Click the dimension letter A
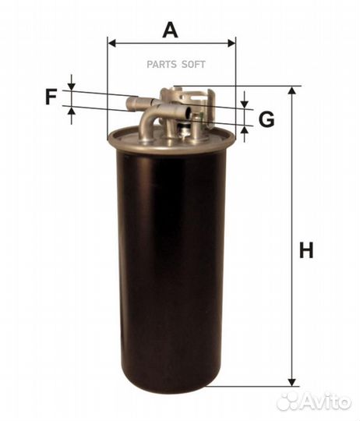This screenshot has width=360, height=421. [x=171, y=30]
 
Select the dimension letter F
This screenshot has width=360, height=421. [x=51, y=98]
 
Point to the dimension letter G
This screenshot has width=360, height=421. [x=266, y=119]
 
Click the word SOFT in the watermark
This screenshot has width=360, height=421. [x=193, y=65]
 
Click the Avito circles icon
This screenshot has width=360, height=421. [x=287, y=401]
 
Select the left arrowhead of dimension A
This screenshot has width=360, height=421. [x=112, y=44]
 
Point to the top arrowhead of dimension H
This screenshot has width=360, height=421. [x=293, y=92]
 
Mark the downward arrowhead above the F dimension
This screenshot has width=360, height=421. [x=72, y=86]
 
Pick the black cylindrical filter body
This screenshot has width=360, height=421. [x=171, y=257]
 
